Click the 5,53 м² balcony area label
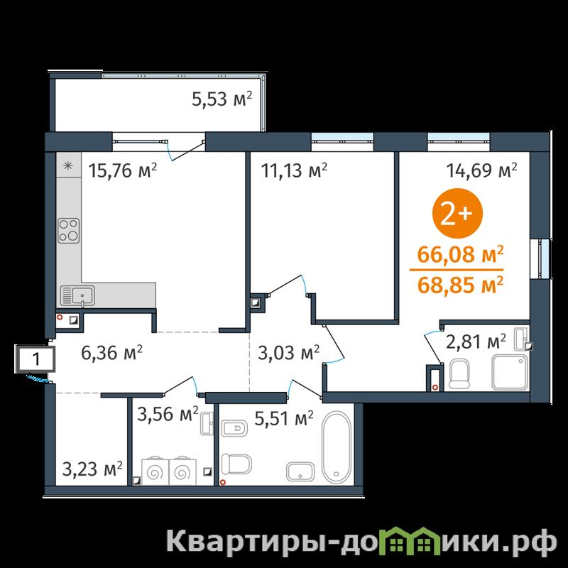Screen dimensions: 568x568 tap(222, 99)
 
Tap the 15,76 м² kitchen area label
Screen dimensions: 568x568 tap(123, 170)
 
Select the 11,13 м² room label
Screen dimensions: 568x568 tap(294, 170)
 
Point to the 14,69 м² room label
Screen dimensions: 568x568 tap(481, 170)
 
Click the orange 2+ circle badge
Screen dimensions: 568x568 tap(457, 214)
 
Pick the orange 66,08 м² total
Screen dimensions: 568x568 tap(460, 254)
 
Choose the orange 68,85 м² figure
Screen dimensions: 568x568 tap(460, 285)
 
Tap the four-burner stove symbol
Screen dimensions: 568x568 tap(69, 231)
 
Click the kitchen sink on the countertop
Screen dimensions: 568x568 tap(77, 295)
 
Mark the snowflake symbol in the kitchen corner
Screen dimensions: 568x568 tap(68, 166)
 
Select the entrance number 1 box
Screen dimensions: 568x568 tap(35, 359)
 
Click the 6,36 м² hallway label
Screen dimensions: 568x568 tap(112, 353)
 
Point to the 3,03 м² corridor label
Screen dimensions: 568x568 tap(289, 353)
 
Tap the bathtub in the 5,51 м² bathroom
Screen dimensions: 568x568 tap(337, 447)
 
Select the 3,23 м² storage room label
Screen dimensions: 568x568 tap(92, 469)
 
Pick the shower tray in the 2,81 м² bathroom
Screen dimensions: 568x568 tap(510, 372)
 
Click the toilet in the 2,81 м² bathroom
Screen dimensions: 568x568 tap(459, 373)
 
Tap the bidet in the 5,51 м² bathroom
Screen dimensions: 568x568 tap(234, 429)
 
